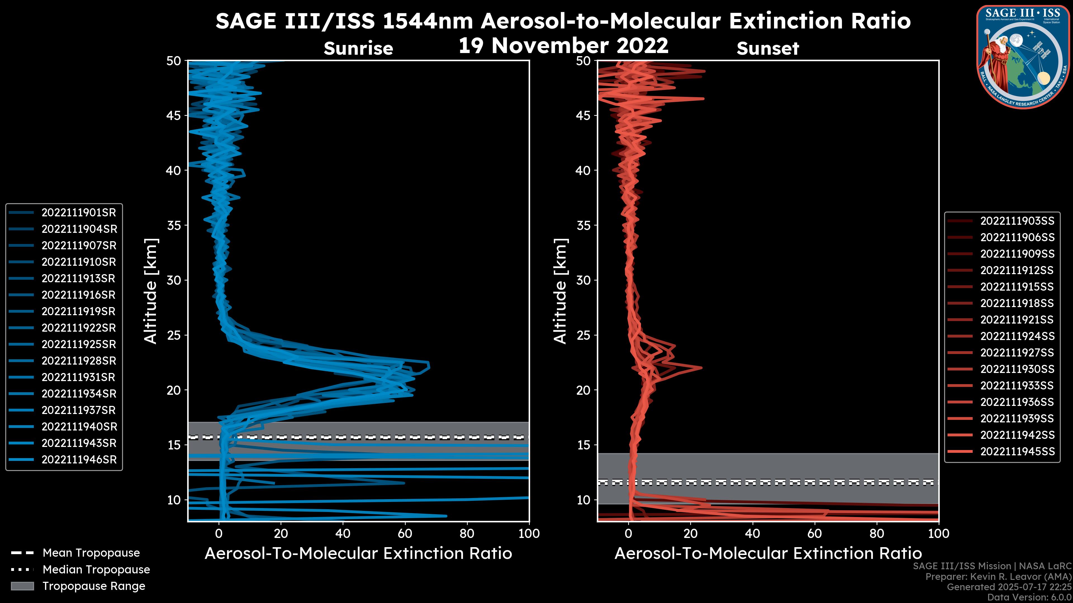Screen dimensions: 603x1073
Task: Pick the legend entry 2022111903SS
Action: [x=1017, y=221]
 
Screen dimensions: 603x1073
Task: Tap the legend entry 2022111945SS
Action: [x=1017, y=451]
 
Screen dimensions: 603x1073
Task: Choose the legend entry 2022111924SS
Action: [x=1017, y=336]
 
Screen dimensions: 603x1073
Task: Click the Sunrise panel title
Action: [x=358, y=49]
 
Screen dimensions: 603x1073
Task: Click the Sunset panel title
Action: [x=768, y=49]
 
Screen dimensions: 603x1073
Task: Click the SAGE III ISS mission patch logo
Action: [x=1024, y=57]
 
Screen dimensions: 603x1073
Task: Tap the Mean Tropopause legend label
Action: [x=91, y=553]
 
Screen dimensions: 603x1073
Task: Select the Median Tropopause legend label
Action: [x=96, y=570]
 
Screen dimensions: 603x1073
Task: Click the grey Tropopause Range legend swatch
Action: [x=22, y=586]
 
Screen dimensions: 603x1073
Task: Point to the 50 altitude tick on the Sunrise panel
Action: [x=174, y=61]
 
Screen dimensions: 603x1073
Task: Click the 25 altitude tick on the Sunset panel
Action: [x=583, y=335]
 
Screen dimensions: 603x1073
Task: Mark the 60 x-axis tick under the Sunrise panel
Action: [x=405, y=533]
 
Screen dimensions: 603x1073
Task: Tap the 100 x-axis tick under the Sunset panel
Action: [x=939, y=533]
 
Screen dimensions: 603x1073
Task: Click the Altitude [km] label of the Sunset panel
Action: [x=561, y=291]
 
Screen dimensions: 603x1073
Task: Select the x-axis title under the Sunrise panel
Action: [x=358, y=554]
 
